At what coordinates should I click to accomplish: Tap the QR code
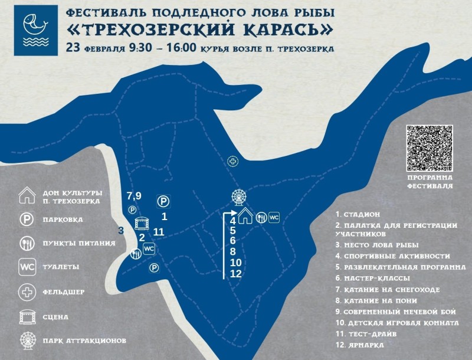tap(430, 148)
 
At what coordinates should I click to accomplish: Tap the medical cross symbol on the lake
tap(233, 161)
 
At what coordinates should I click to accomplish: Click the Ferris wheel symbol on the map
tap(239, 197)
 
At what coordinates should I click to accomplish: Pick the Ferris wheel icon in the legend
tap(28, 341)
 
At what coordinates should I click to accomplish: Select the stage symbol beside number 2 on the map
tap(142, 224)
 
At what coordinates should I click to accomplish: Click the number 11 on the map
tap(158, 232)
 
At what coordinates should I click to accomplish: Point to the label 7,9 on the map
tap(134, 195)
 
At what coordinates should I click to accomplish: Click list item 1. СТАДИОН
tap(357, 214)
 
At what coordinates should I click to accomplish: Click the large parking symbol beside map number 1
tap(164, 201)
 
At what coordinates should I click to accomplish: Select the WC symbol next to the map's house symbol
tap(274, 217)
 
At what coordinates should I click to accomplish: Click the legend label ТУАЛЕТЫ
tap(61, 267)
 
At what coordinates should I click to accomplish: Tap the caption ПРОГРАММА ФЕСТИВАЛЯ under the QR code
tap(430, 181)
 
